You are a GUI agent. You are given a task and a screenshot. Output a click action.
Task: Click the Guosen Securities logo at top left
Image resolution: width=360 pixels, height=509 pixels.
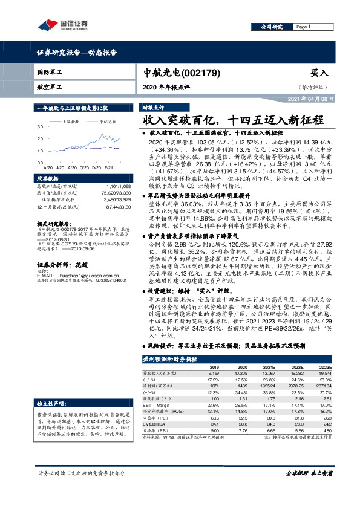(x=62, y=25)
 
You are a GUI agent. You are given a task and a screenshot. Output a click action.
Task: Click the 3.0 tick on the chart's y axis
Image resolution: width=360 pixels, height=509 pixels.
(x=39, y=127)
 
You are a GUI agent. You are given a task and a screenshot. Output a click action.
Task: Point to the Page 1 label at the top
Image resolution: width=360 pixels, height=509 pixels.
(x=303, y=27)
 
